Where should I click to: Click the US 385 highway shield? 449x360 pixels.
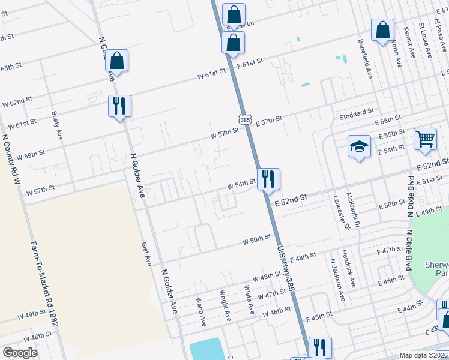click(244, 120)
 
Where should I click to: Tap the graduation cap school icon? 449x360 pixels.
click(358, 146)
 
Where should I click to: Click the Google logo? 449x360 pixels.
click(20, 353)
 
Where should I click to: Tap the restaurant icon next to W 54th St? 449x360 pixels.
click(268, 178)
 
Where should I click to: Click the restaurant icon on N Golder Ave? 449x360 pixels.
click(119, 106)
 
